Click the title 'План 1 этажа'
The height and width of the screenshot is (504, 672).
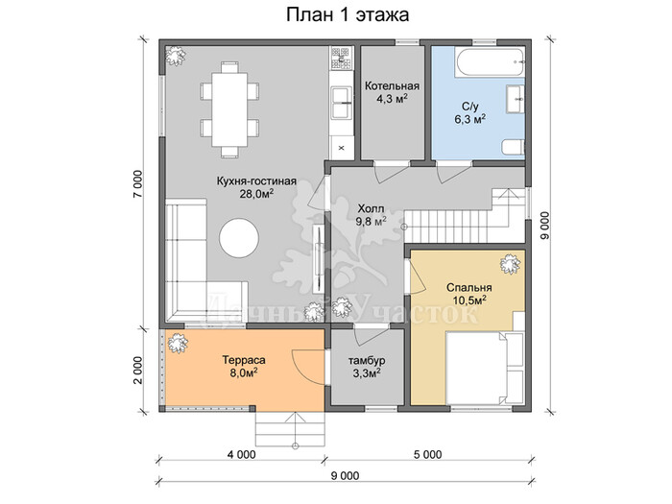point(348,15)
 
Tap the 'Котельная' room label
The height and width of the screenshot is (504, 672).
point(392,86)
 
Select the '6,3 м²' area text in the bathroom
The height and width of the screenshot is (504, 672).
point(469,119)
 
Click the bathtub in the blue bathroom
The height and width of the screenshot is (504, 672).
point(490,62)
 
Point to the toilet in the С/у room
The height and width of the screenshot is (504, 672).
point(514,147)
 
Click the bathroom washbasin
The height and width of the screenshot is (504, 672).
point(516,99)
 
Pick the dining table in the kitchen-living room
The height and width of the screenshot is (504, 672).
point(229,109)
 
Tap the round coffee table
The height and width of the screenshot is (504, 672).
point(239,238)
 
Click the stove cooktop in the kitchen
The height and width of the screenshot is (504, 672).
point(342,59)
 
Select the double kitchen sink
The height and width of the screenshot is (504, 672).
point(342,103)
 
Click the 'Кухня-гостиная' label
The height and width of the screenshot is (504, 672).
point(256,180)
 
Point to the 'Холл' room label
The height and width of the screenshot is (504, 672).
point(372,209)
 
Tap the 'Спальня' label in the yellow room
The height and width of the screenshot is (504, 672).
point(469,288)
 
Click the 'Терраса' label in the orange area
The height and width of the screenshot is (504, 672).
point(244,360)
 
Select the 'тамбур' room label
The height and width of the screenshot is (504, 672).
point(367,360)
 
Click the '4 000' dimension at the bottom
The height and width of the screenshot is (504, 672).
point(239,454)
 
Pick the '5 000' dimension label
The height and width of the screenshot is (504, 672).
point(428,454)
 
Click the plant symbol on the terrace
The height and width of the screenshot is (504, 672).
point(178,343)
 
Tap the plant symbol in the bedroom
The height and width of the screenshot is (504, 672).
point(511,264)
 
